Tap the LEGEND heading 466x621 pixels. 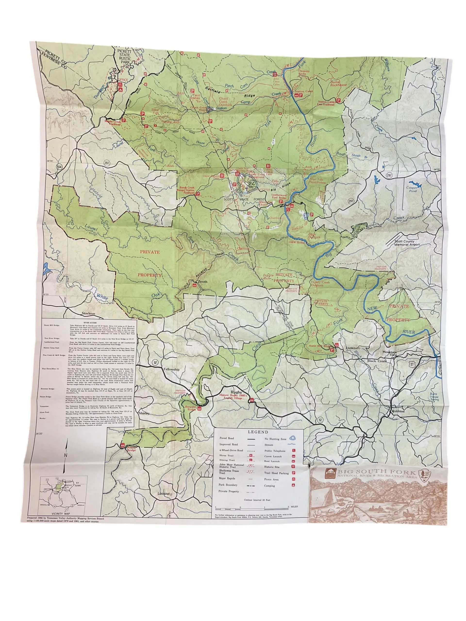258,432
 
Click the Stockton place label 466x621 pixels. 88,313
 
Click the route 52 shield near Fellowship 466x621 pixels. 155,362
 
